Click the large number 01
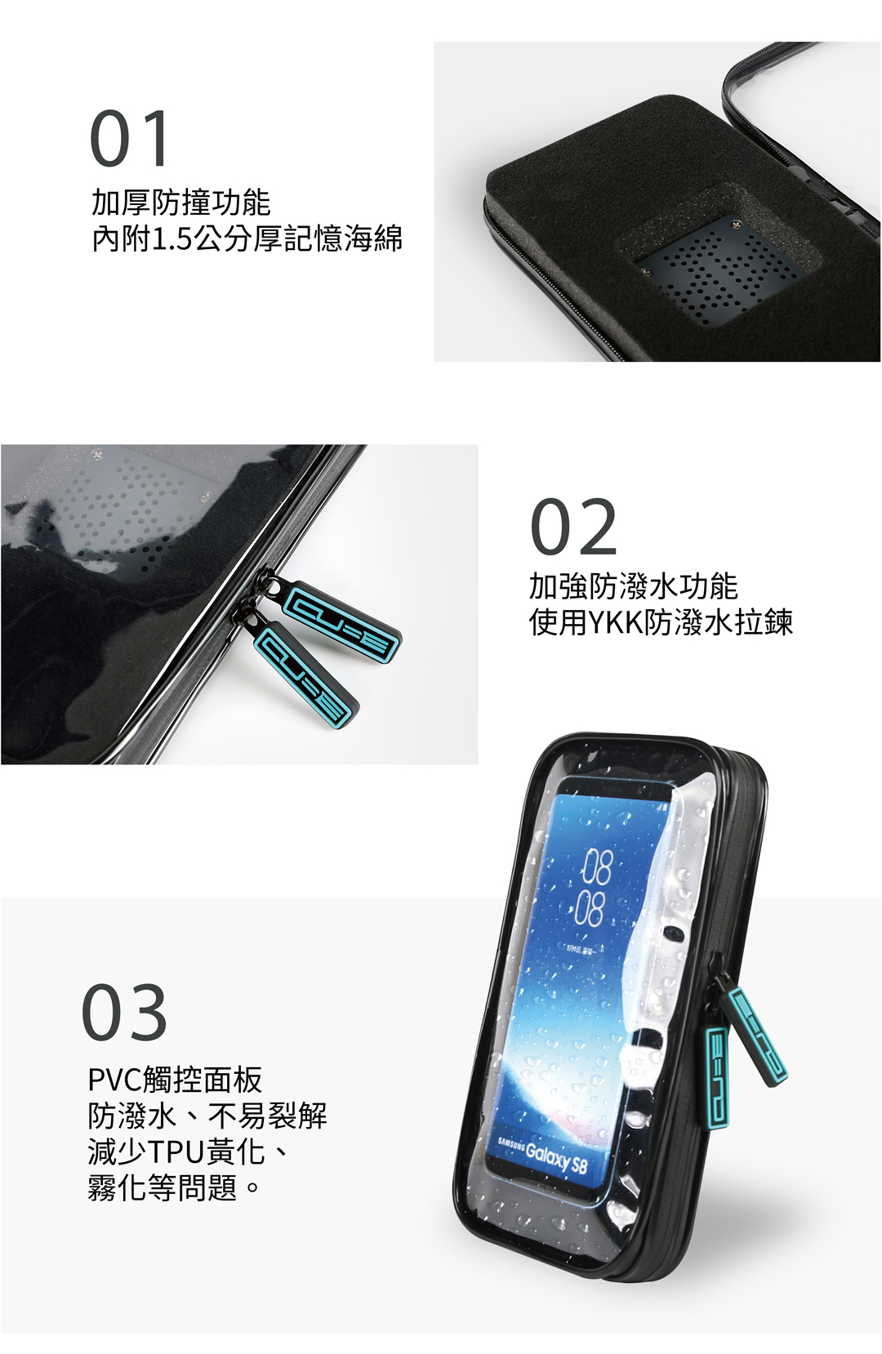pyautogui.click(x=130, y=138)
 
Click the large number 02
pyautogui.click(x=574, y=527)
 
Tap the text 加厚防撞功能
pyautogui.click(x=180, y=202)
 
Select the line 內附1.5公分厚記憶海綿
pyautogui.click(x=247, y=238)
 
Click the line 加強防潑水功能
pyautogui.click(x=634, y=586)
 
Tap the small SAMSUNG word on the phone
pyautogui.click(x=510, y=1142)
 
